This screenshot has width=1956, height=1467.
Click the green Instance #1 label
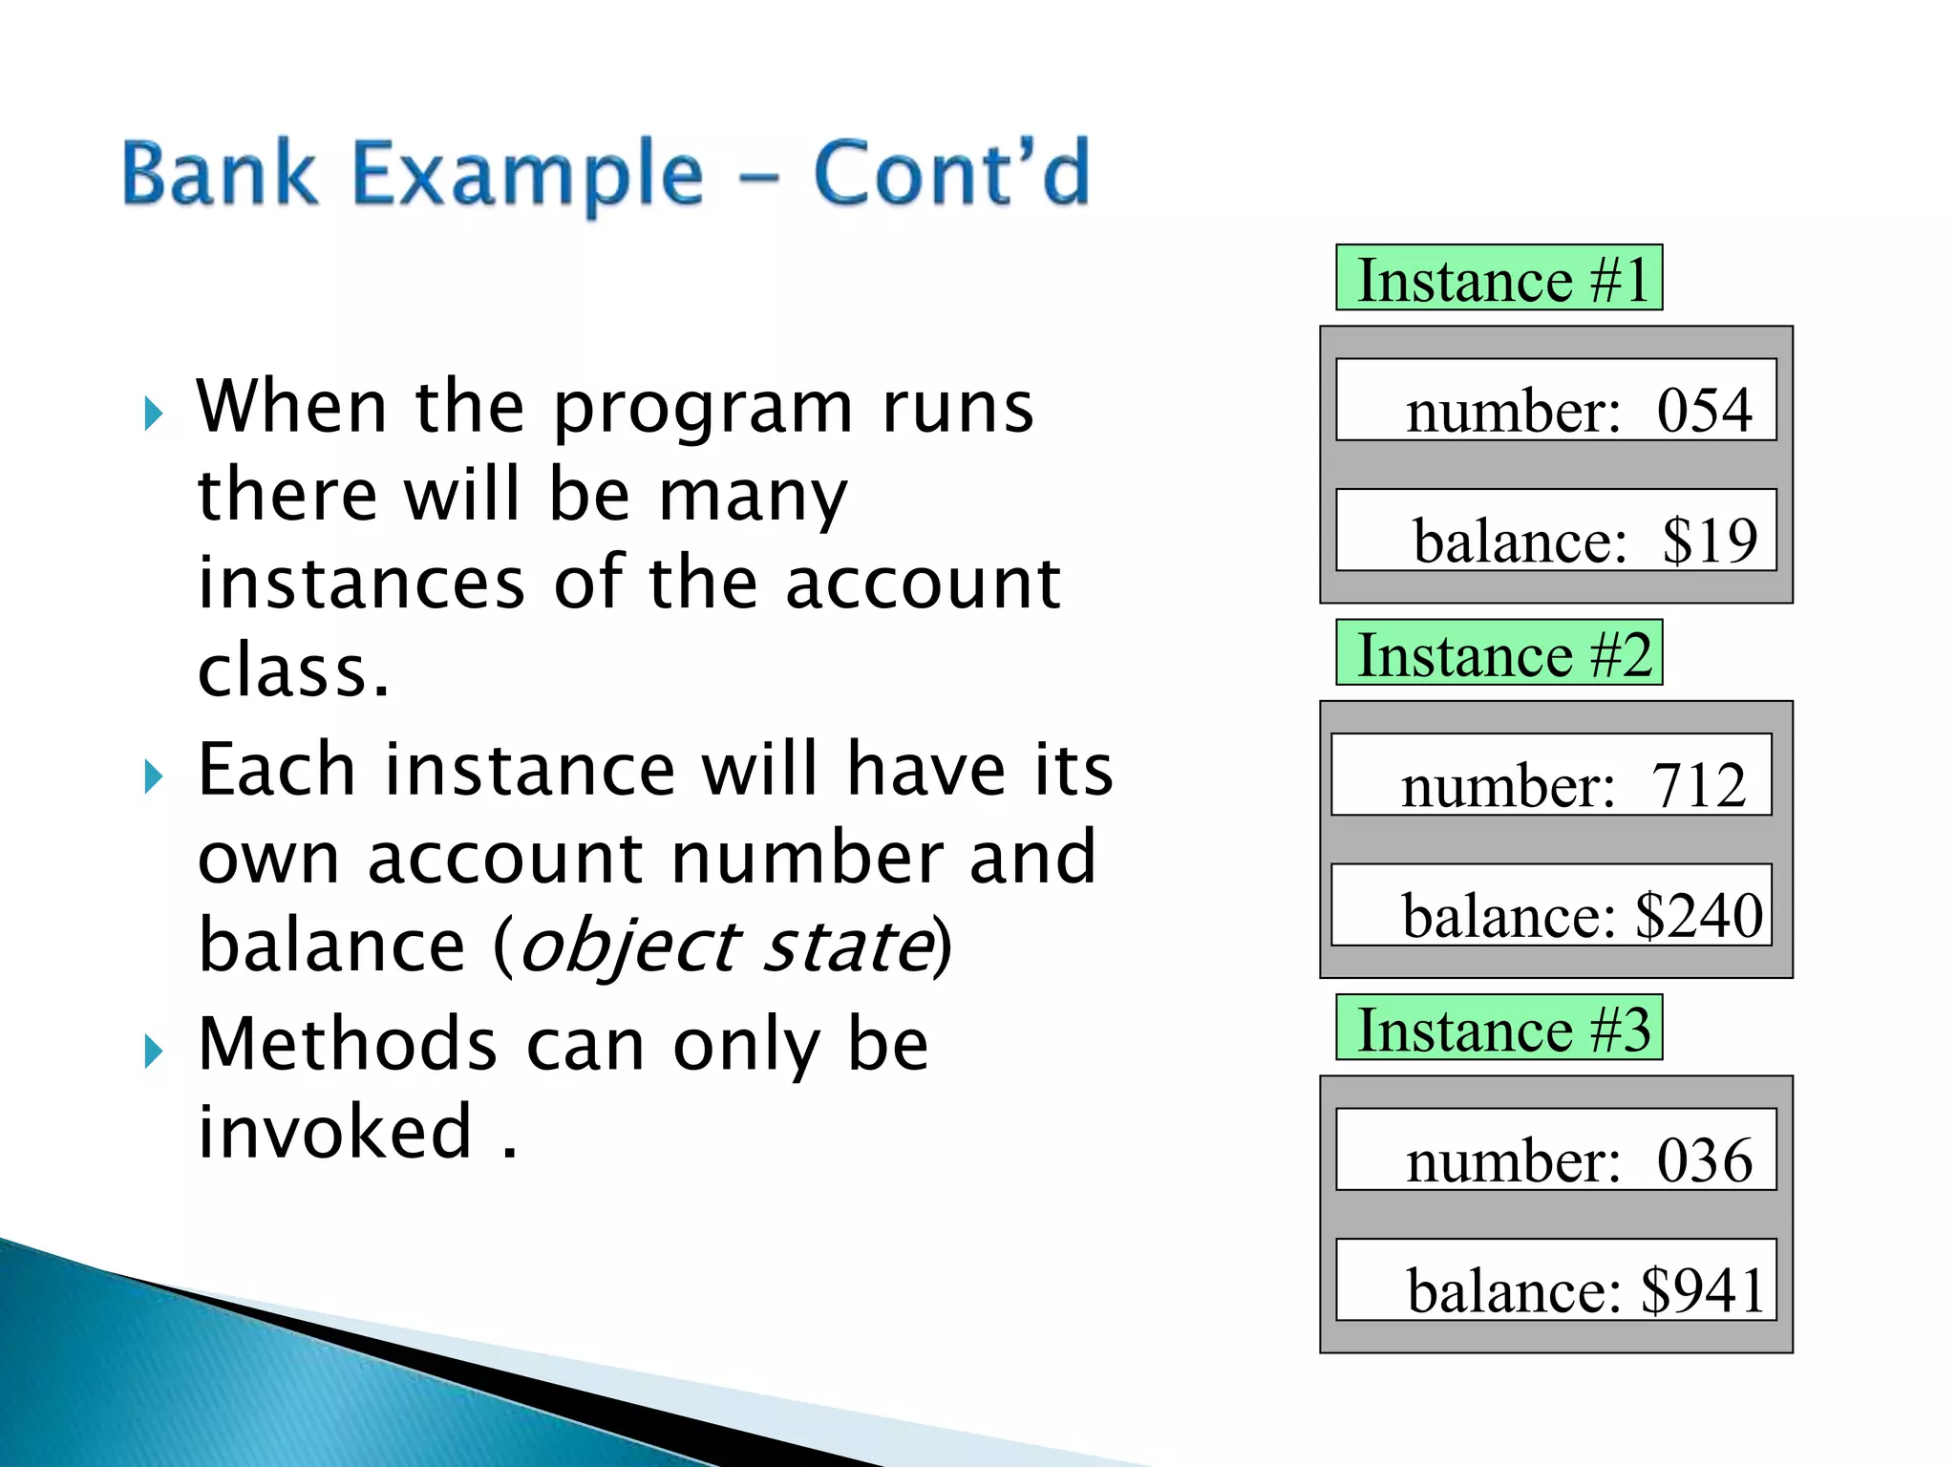click(1499, 278)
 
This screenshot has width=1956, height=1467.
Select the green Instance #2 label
click(1499, 652)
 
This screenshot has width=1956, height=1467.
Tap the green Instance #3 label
click(1499, 1028)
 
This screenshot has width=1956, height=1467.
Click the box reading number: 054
click(1556, 400)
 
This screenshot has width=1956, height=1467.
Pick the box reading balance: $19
click(1556, 530)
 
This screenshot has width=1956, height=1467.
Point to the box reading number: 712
click(1551, 775)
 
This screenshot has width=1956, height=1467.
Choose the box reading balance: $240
click(1551, 904)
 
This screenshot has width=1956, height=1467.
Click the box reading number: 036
click(1556, 1149)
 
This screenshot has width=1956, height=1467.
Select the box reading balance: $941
click(1556, 1280)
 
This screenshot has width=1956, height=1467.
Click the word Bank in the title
click(220, 173)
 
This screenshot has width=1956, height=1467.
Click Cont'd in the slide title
click(951, 173)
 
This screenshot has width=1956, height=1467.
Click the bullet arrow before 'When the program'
click(153, 415)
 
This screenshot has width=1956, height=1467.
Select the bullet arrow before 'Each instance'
click(153, 776)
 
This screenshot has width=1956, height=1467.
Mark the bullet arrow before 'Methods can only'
click(153, 1052)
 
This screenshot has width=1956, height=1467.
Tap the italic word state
click(849, 946)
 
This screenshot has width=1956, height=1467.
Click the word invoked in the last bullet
click(334, 1131)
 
